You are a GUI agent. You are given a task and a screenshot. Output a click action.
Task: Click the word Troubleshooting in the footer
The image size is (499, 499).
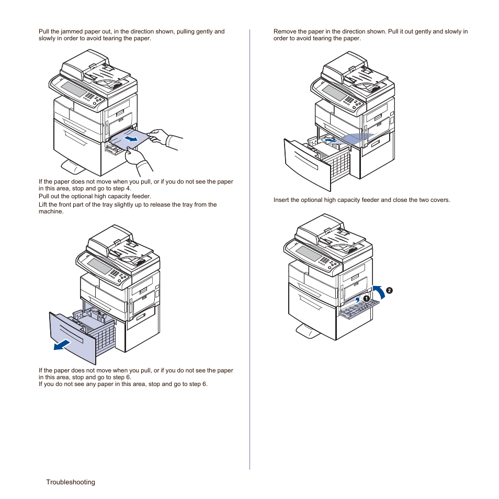point(70,482)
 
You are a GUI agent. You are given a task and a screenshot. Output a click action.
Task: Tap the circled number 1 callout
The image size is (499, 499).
point(367,298)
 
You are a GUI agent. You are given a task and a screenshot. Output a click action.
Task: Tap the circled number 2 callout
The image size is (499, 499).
point(389,290)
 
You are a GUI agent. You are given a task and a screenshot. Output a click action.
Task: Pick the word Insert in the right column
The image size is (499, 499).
point(282,200)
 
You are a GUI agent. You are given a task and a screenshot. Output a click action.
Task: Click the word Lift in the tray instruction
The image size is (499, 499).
point(43,205)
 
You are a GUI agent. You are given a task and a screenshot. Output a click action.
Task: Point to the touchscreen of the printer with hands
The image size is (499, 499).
point(74,89)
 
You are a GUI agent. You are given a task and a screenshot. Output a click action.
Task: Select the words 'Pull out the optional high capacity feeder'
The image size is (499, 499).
point(95,197)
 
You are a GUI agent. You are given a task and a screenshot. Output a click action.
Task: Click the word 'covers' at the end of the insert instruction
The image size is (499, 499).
point(439,200)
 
